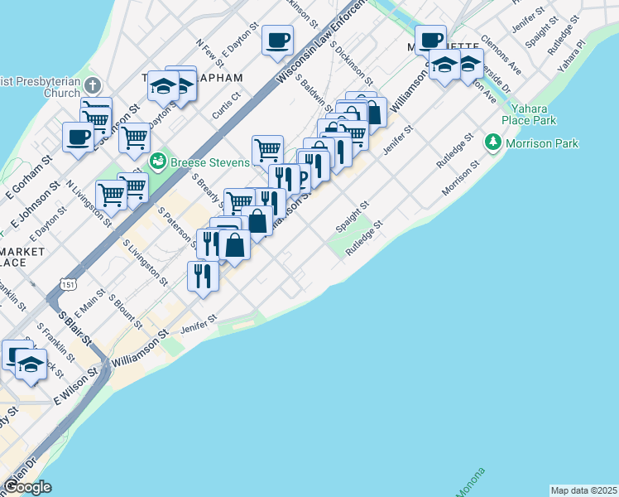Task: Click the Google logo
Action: (26, 487)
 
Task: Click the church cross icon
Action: (92, 85)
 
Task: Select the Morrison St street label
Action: (460, 178)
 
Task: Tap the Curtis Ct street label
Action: (226, 106)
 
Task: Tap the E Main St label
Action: (90, 305)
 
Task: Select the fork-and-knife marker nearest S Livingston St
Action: (202, 276)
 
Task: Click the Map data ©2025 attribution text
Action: (583, 490)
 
